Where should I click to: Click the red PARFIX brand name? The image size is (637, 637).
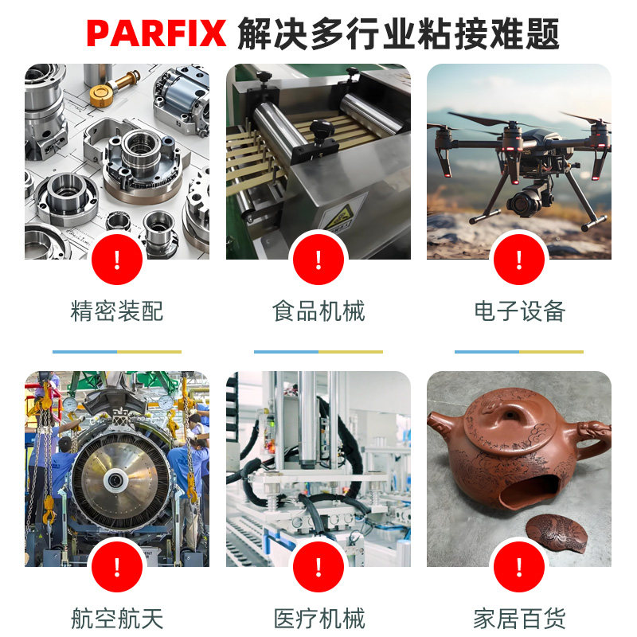(156, 33)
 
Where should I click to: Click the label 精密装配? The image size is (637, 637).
(117, 311)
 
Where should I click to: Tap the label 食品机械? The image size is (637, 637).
(318, 311)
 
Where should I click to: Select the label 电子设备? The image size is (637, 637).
(519, 311)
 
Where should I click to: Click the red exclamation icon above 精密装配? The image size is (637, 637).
(117, 260)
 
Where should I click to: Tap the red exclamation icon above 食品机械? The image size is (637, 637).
(318, 260)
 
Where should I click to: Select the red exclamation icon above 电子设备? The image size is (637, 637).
(519, 260)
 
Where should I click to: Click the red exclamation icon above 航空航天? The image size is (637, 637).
(117, 567)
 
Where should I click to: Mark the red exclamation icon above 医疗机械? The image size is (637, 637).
(318, 567)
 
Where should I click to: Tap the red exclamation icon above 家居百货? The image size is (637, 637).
(519, 567)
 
